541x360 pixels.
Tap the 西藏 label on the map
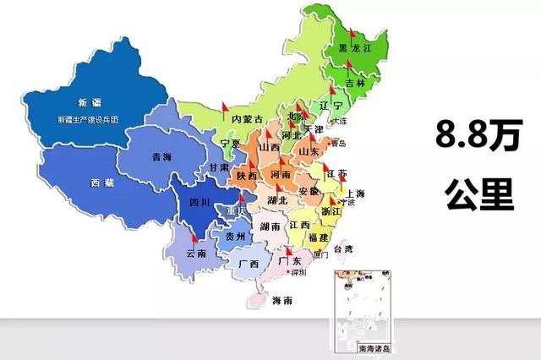[x=101, y=183]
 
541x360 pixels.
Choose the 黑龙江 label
[x=354, y=50]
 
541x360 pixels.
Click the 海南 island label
[x=283, y=301]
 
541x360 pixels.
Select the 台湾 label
[x=343, y=249]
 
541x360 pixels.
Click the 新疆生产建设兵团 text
[x=88, y=119]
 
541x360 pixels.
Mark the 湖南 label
[x=270, y=226]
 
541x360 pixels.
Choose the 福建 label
[x=320, y=238]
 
